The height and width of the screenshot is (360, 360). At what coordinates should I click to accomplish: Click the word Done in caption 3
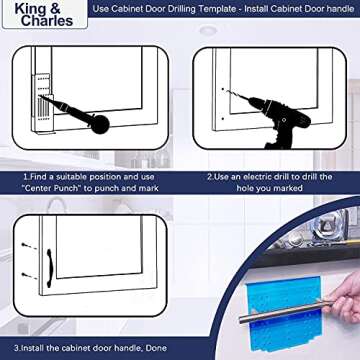pos(157,347)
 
